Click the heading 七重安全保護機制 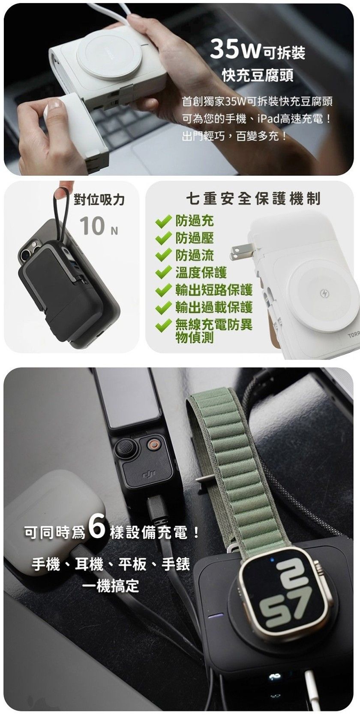[253, 199]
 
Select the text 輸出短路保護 [214, 290]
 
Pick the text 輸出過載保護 [214, 307]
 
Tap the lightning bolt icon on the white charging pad [322, 293]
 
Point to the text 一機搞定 [111, 586]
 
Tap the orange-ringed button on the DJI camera [153, 445]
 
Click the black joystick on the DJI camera [124, 447]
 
